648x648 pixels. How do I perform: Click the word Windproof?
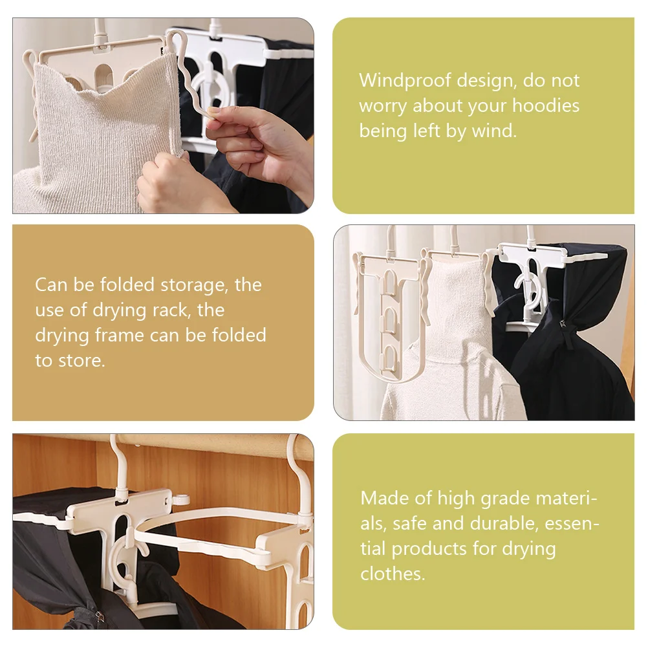pyautogui.click(x=405, y=81)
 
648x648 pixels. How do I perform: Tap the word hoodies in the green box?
pyautogui.click(x=546, y=105)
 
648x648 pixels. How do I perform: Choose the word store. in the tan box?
pyautogui.click(x=81, y=361)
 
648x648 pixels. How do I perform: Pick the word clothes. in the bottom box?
pyautogui.click(x=393, y=574)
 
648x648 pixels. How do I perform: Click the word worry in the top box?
pyautogui.click(x=383, y=107)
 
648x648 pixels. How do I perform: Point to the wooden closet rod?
pyautogui.click(x=207, y=446)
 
